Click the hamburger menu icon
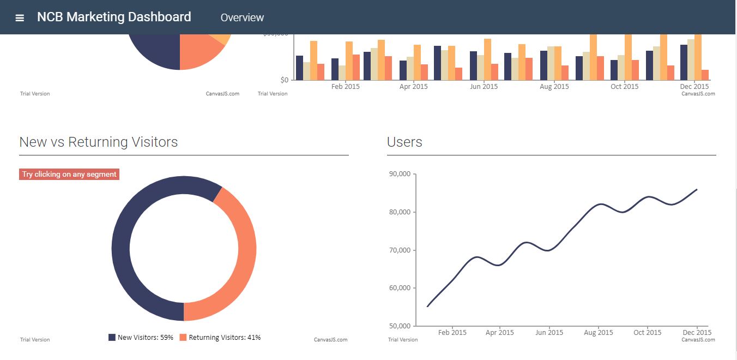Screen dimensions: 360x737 20,17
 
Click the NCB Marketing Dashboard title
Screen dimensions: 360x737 114,17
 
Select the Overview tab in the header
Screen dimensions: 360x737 242,17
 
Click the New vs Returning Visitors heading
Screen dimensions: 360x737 99,142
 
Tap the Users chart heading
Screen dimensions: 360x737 404,142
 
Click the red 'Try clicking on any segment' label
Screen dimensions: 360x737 69,175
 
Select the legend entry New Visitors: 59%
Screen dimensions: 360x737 141,338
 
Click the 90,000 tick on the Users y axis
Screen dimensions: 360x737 400,174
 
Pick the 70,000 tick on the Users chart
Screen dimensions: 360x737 400,250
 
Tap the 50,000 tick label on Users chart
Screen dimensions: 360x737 400,326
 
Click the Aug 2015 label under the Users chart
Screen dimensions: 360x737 598,333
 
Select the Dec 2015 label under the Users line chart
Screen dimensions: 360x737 697,333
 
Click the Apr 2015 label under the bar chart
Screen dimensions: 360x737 413,87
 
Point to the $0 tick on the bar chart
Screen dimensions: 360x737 283,80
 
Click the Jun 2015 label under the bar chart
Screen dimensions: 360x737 484,87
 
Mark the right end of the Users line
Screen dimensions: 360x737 697,189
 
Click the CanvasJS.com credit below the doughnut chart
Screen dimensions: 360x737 330,340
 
